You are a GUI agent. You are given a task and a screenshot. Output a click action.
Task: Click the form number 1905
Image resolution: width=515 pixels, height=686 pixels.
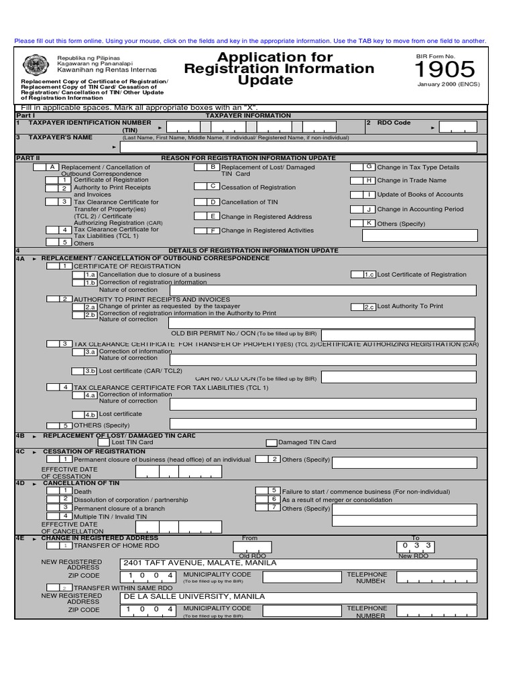445,70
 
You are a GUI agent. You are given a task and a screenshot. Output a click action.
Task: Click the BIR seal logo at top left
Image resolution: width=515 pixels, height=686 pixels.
35,65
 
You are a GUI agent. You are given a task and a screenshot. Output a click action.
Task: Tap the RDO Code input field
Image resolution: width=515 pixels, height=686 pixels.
458,127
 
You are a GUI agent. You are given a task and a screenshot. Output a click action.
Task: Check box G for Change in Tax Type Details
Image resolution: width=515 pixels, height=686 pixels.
363,167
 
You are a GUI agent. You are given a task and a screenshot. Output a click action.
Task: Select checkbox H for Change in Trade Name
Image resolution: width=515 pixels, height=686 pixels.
363,180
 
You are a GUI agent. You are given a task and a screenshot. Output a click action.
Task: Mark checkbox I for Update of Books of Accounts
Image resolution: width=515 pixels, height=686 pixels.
363,194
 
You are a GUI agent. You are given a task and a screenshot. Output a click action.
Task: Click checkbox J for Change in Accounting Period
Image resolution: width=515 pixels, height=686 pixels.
363,209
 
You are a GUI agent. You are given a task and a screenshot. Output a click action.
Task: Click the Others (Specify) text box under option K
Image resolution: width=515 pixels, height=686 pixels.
419,235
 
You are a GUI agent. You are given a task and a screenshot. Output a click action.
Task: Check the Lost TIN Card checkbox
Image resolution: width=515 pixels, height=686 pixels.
103,442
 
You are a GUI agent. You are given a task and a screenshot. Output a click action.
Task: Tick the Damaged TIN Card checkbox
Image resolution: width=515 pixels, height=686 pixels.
272,442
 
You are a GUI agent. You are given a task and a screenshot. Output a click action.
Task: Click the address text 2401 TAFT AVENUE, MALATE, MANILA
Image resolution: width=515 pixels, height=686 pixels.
200,563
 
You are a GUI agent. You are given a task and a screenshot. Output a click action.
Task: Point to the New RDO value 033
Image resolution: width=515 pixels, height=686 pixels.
416,545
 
